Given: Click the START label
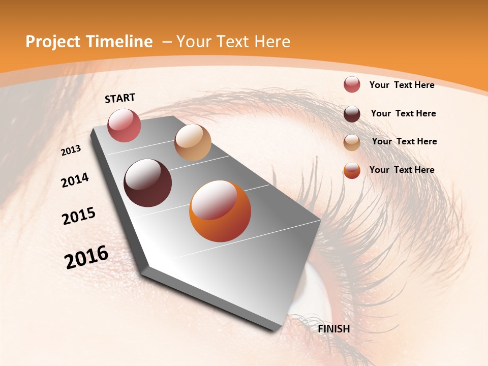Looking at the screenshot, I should (x=120, y=98).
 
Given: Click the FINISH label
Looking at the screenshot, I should (x=333, y=329).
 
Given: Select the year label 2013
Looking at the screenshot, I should (x=71, y=150).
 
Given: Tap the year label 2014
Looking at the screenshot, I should (x=75, y=180).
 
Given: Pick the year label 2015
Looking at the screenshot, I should (x=79, y=216).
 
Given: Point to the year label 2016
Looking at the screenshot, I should (x=86, y=257).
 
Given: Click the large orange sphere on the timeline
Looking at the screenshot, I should (x=220, y=211).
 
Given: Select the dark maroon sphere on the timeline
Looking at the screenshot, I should (x=147, y=182).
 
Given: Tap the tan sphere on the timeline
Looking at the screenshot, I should (x=193, y=142).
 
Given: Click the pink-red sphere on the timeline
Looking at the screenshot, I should (x=124, y=125).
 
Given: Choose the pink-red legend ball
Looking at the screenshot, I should (x=352, y=85).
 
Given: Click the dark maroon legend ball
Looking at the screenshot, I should (x=352, y=114).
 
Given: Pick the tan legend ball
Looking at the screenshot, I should (x=352, y=142).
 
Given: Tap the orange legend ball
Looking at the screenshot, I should (x=352, y=170).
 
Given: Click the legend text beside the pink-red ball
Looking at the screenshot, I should (x=402, y=85).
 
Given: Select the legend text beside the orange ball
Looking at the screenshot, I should (x=402, y=170).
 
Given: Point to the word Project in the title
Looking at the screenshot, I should (x=52, y=42).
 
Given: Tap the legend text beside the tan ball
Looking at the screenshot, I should (x=404, y=141).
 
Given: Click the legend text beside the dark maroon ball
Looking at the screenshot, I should (x=403, y=113).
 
